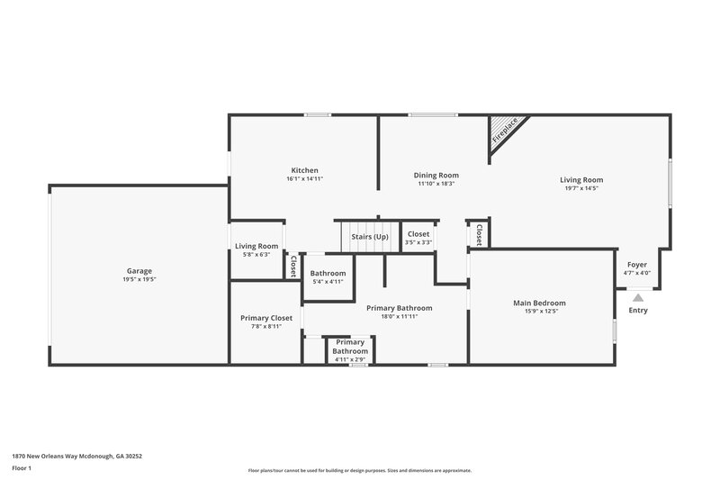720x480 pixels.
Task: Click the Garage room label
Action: click(x=139, y=270)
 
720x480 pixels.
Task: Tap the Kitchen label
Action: click(x=304, y=170)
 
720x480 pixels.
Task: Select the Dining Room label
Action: click(x=436, y=175)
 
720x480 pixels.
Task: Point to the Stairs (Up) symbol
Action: click(x=369, y=236)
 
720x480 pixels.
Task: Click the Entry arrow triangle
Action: click(x=637, y=296)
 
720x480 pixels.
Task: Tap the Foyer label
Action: click(x=637, y=265)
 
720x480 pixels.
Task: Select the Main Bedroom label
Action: click(x=539, y=303)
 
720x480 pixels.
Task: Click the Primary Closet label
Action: click(x=266, y=317)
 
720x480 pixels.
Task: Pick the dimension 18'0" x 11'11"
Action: click(x=400, y=316)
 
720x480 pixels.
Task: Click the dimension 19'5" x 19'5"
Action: click(x=139, y=279)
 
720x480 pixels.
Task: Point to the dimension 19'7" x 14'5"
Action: click(x=581, y=188)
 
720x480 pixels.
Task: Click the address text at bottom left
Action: click(x=76, y=456)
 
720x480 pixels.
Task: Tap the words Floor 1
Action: click(x=22, y=469)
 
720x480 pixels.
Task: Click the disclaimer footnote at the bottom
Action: click(x=359, y=470)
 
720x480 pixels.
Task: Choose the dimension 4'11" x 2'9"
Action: click(x=350, y=359)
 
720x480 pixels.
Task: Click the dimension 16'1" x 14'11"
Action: click(x=304, y=179)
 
